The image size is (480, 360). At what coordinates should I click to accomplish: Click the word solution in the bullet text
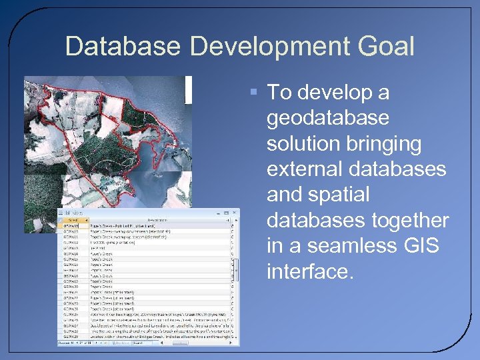pos(306,143)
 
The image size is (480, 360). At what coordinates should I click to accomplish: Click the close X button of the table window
pos(233,213)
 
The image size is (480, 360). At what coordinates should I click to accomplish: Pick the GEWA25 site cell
pos(70,315)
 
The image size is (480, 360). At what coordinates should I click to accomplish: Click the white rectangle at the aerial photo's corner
pos(188,89)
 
